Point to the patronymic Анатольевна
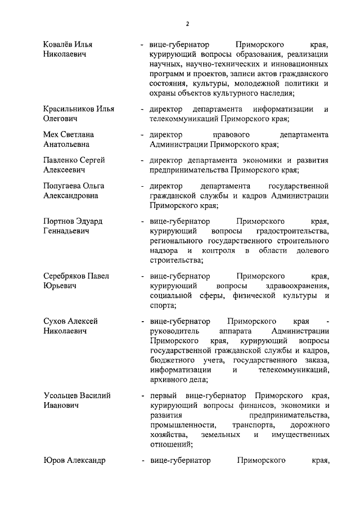(x=67, y=145)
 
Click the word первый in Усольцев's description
(x=163, y=395)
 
